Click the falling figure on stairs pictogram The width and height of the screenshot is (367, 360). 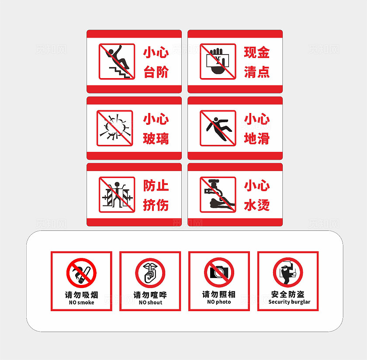click(117, 62)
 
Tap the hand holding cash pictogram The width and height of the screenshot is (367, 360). click(218, 62)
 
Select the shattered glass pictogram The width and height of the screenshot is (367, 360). click(114, 128)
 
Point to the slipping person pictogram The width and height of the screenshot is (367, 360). click(218, 128)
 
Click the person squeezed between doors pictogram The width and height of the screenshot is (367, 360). click(117, 195)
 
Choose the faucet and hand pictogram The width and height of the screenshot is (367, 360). click(218, 195)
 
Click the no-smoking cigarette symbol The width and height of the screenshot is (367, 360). click(81, 273)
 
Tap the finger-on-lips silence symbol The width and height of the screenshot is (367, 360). click(150, 273)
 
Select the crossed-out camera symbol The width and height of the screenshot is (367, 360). click(219, 272)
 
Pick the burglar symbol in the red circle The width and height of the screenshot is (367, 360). click(288, 272)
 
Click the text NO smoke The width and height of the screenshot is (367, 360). click(81, 302)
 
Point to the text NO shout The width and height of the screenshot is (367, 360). click(150, 302)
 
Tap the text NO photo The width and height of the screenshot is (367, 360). click(219, 302)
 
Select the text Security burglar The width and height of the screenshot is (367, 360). click(289, 302)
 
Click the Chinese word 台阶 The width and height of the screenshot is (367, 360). click(156, 72)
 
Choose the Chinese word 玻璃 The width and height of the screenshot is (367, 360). click(156, 138)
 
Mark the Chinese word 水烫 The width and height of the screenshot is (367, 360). click(257, 205)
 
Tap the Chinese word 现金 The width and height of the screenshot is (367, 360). click(257, 52)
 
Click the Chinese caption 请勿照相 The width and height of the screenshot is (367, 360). click(219, 294)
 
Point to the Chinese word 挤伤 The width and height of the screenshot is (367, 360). click(156, 205)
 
